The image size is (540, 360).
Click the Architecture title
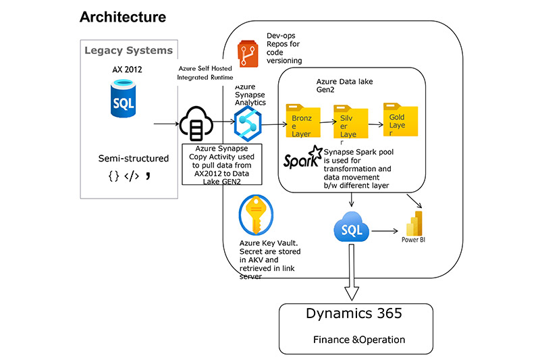(x=123, y=16)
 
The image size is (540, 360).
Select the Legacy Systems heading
(x=128, y=50)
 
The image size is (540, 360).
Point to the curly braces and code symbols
(x=128, y=178)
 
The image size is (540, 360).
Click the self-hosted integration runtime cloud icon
(x=195, y=125)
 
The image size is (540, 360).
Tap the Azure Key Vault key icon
(x=255, y=216)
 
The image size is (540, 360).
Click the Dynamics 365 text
(x=353, y=313)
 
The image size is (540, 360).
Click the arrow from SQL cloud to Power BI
(x=382, y=230)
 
